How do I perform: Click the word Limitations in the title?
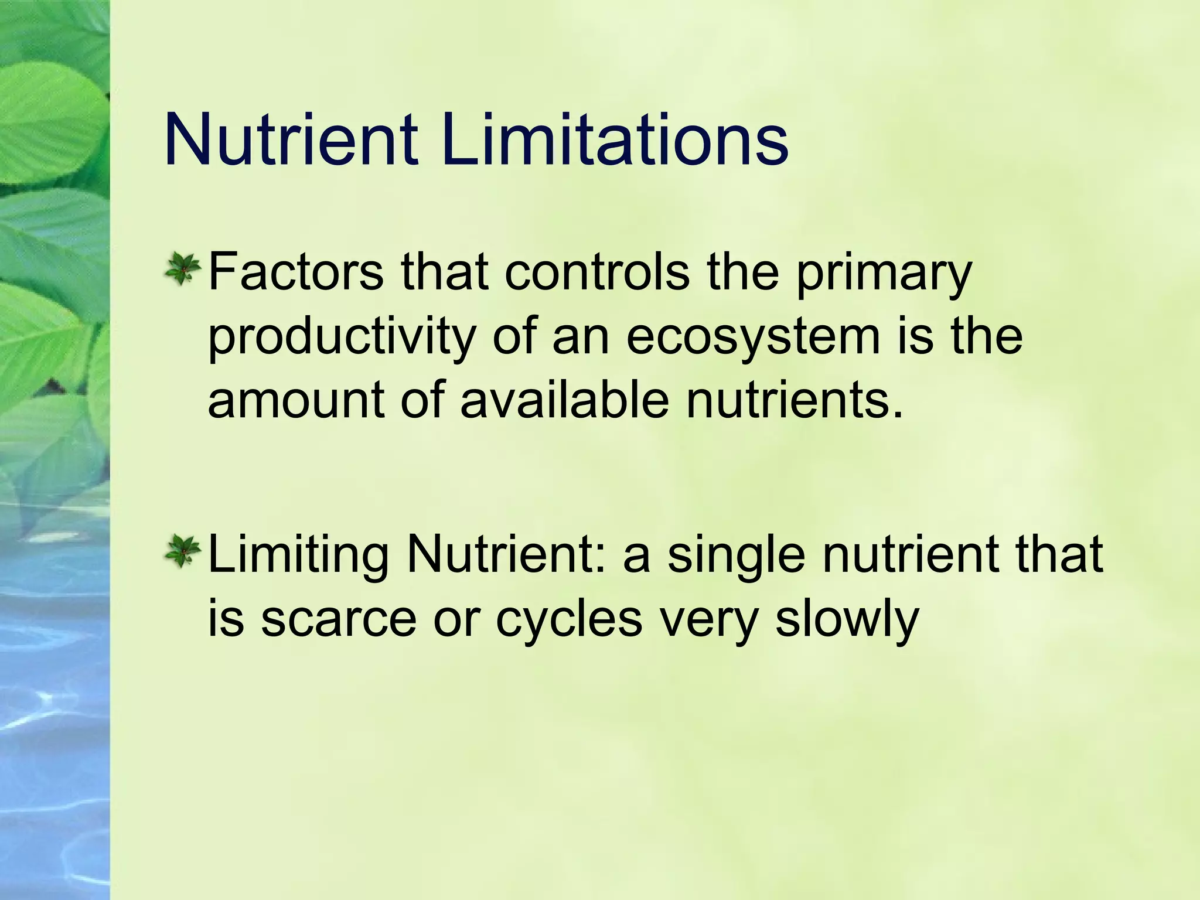click(615, 141)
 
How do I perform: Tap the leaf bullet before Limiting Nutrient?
click(183, 553)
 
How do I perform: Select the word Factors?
click(295, 272)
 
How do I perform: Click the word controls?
click(596, 272)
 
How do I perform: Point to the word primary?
click(883, 275)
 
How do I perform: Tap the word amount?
click(296, 401)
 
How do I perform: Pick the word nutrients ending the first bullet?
click(795, 401)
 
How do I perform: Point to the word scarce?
click(338, 620)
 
